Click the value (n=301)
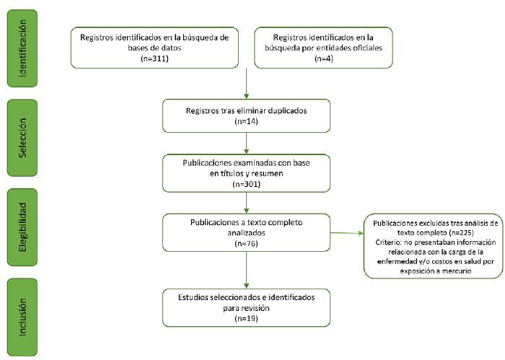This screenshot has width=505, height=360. click(246, 185)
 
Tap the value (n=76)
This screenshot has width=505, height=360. click(246, 244)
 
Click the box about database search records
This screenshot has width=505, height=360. click(154, 46)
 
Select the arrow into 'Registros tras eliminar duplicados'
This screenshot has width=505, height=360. click(247, 84)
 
